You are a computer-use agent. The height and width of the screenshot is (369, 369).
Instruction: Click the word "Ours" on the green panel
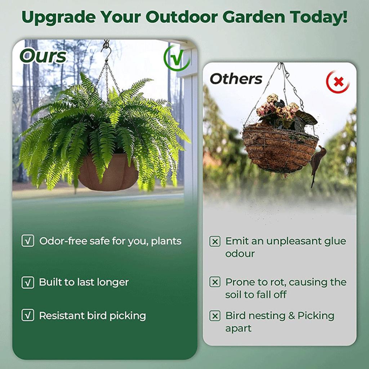(43, 56)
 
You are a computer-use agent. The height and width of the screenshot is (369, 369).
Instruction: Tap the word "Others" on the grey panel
(236, 79)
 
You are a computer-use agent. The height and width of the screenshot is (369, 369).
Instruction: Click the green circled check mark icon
(177, 58)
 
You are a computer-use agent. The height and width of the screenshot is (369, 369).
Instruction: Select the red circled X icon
(338, 82)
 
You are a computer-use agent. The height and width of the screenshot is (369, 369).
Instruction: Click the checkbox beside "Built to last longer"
(28, 282)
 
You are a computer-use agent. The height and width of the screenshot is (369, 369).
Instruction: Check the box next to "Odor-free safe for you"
(28, 241)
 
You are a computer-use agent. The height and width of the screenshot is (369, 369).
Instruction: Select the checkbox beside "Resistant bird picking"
(28, 315)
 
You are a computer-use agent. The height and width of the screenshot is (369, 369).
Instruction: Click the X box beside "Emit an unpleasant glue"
(215, 241)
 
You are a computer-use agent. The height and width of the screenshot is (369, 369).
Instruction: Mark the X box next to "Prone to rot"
(215, 282)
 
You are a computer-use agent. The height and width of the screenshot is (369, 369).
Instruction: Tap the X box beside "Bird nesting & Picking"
(215, 316)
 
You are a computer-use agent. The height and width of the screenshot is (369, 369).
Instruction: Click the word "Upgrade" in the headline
(58, 17)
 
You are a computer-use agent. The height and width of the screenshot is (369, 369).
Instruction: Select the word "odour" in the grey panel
(240, 254)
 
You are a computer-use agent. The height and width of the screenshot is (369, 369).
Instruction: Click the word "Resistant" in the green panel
(62, 316)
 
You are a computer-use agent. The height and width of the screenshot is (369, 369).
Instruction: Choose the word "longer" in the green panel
(113, 282)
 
